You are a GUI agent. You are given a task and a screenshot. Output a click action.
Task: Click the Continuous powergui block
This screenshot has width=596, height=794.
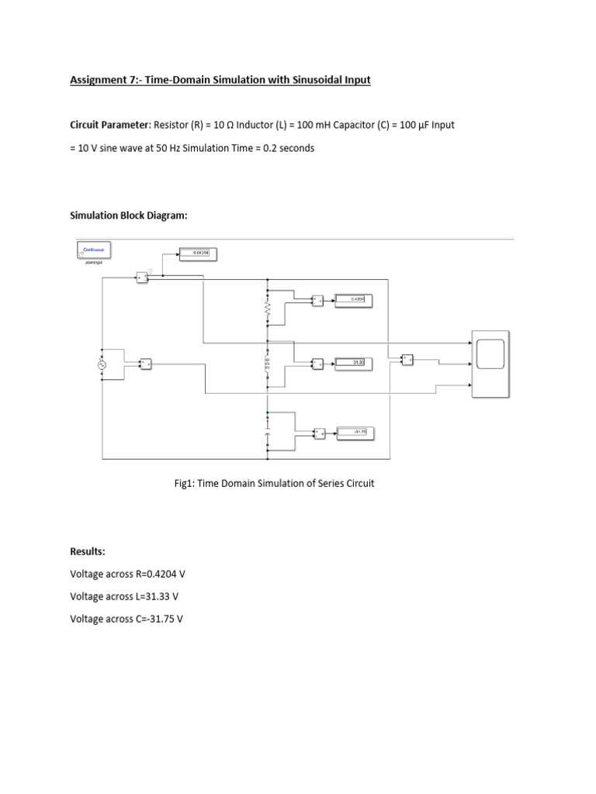95,250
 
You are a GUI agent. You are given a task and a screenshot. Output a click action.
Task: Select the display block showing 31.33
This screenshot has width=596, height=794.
354,362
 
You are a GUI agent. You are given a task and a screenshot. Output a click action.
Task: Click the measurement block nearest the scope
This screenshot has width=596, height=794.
407,359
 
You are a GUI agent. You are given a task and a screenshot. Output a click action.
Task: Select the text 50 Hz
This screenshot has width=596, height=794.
175,148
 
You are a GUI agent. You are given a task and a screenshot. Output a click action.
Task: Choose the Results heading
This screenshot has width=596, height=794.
87,551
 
